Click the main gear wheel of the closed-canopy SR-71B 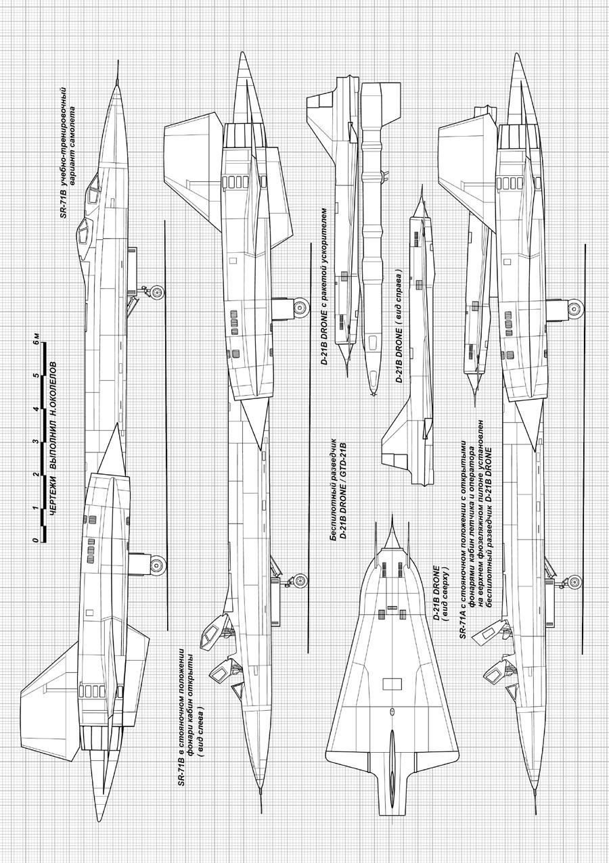tap(158, 563)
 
